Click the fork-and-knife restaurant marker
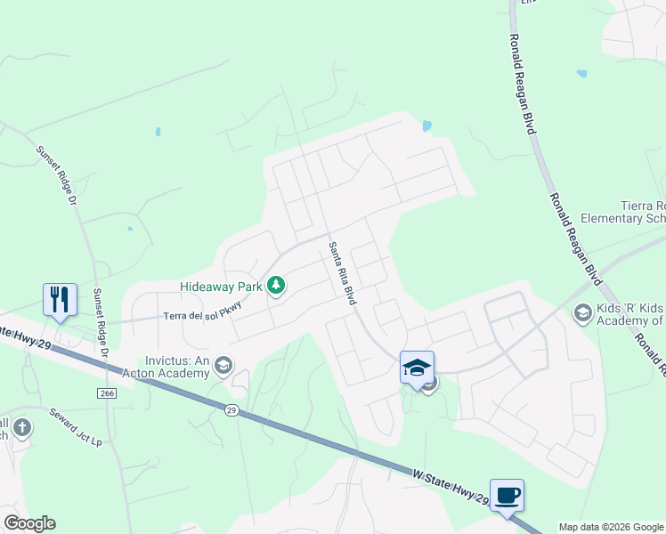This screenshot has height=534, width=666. (x=60, y=300)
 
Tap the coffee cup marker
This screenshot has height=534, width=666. (x=507, y=496)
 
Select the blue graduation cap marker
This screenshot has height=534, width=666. (x=417, y=368)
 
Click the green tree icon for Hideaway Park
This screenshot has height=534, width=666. (x=277, y=286)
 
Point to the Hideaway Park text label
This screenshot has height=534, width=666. (x=222, y=287)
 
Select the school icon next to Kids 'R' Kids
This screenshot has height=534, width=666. (x=582, y=312)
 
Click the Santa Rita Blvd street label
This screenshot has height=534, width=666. (x=342, y=273)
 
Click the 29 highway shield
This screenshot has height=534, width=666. (x=231, y=410)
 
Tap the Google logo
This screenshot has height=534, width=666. (x=29, y=523)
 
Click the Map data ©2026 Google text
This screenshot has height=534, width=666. (x=611, y=527)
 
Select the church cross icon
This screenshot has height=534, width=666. (x=21, y=428)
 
